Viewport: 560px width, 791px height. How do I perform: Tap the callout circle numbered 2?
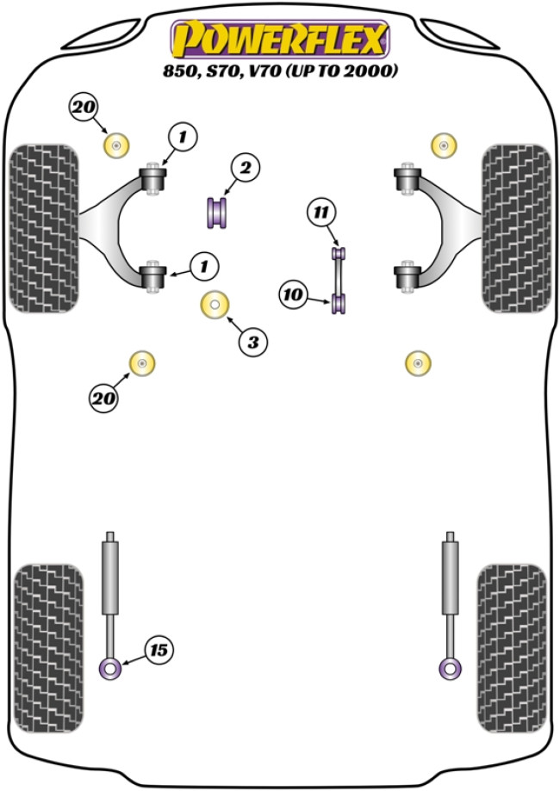pos(245,169)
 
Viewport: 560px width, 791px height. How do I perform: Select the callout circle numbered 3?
pos(252,343)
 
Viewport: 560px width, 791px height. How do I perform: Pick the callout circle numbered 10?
pos(293,295)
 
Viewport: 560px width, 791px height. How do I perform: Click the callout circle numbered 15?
pos(157,651)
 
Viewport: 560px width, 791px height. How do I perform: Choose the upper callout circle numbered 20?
pos(84,108)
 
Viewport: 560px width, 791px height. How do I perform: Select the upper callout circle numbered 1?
pos(183,135)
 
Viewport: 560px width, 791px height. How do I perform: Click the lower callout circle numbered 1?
pos(204,268)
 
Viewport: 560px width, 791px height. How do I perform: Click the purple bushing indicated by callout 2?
pos(217,213)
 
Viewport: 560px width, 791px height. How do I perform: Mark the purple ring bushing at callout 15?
pos(110,668)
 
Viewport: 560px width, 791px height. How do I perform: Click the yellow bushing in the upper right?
pos(443,145)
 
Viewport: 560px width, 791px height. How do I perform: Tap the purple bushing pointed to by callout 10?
pos(339,303)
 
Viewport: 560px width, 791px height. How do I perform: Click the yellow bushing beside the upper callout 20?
pos(115,145)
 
